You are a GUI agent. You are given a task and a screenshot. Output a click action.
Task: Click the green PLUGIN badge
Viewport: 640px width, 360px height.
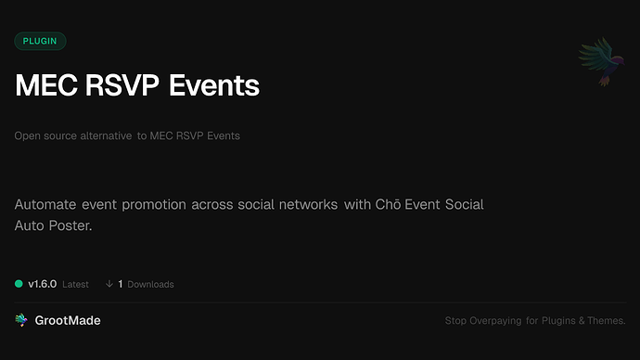click(x=40, y=41)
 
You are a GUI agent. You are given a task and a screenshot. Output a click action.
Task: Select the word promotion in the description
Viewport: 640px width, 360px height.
click(x=152, y=204)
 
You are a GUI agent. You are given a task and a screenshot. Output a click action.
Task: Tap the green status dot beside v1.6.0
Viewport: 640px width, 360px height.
click(x=19, y=284)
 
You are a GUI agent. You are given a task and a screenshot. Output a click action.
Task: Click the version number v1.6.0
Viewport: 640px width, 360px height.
click(x=43, y=284)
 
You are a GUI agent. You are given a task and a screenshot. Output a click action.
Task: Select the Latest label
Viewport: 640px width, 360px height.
click(x=75, y=284)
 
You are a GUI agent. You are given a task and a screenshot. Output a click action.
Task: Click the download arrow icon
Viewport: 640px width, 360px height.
click(x=109, y=284)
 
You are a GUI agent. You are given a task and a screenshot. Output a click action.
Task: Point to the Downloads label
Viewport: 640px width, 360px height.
click(x=150, y=284)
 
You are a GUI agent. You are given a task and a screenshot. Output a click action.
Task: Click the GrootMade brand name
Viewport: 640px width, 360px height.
click(x=69, y=320)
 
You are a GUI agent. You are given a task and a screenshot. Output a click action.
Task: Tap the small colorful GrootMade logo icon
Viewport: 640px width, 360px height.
click(x=21, y=320)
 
